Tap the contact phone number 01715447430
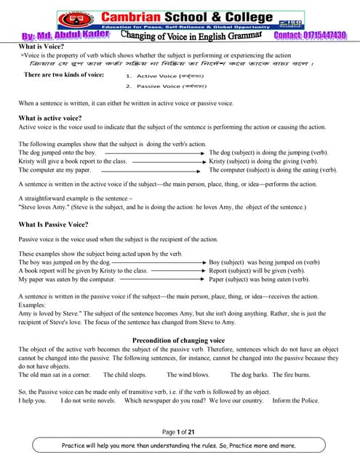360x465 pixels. point(311,36)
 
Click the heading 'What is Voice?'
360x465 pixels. point(42,46)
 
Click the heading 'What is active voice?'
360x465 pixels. point(49,118)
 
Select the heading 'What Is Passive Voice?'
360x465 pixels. point(54,225)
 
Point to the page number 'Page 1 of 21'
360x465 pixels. point(179,432)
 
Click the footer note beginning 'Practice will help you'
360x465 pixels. point(179,445)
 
